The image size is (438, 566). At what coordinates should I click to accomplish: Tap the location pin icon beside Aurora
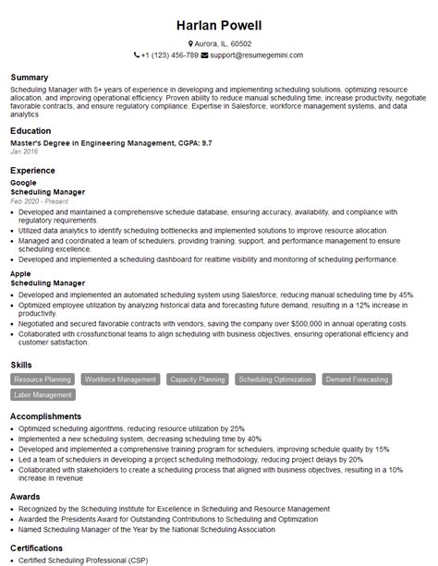(x=190, y=43)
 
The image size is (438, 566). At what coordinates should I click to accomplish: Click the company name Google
(x=23, y=183)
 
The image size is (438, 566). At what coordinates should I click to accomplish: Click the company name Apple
(x=21, y=275)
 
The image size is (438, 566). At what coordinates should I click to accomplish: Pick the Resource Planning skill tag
(x=43, y=379)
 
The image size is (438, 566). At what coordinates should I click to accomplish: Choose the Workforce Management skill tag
(x=120, y=379)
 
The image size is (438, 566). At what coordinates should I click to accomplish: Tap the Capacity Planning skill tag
(x=198, y=379)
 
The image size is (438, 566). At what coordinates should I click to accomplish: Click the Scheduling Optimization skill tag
(x=274, y=379)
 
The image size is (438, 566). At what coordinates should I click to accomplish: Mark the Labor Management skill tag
(x=43, y=394)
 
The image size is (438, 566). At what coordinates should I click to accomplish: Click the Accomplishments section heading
(x=46, y=417)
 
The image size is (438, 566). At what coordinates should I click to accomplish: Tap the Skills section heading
(x=22, y=365)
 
